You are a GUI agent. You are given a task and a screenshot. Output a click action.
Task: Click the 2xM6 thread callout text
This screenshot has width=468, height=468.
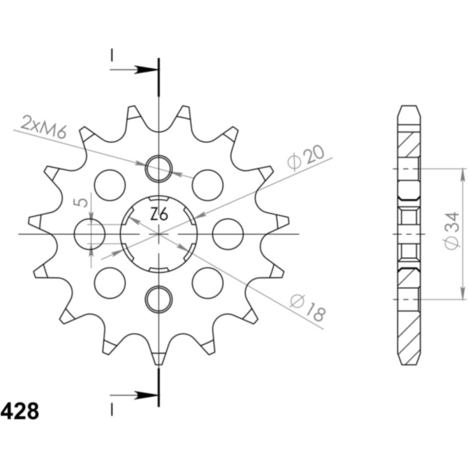click(x=44, y=126)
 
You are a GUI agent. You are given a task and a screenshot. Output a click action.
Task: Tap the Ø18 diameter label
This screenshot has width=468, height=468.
click(x=308, y=308)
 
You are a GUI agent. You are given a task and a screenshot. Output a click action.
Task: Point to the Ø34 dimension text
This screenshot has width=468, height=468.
click(x=452, y=230)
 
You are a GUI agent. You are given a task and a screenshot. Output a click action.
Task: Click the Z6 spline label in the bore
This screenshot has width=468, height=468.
click(x=159, y=214)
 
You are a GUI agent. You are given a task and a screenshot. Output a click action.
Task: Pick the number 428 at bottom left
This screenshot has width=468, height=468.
click(x=19, y=411)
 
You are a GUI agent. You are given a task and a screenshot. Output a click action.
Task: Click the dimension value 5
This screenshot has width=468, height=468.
click(x=81, y=202)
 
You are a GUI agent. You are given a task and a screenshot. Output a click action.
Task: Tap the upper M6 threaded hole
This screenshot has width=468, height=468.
click(x=159, y=168)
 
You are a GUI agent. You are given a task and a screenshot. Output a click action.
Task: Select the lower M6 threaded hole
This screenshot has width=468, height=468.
click(x=159, y=300)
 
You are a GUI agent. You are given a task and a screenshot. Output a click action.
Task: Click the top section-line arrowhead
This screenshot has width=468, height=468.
click(x=147, y=70)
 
